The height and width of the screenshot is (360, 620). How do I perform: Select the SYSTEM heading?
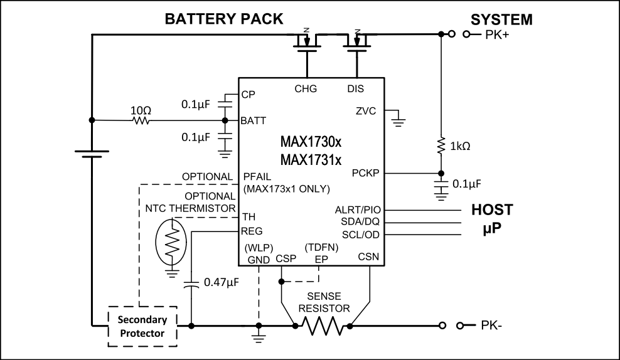502,20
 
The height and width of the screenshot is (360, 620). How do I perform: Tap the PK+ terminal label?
496,36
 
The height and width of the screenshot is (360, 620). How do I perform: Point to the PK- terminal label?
494,326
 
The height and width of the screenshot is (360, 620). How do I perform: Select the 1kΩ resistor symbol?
441,147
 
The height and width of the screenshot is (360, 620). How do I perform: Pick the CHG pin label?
306,88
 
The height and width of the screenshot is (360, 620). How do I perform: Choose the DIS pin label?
356,88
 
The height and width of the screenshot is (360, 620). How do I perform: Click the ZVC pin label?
365,112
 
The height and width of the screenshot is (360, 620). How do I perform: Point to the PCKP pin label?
365,172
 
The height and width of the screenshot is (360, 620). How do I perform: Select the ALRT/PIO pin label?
358,209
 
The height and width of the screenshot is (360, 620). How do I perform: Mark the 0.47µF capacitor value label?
221,283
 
